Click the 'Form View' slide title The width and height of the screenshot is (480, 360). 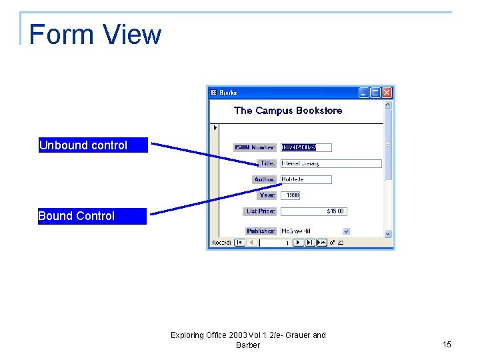tap(95, 35)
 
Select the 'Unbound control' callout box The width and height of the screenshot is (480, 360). tap(93, 145)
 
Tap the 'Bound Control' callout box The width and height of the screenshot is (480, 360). tap(92, 216)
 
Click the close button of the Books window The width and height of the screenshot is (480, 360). tap(387, 93)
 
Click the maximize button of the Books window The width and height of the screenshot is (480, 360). tap(375, 93)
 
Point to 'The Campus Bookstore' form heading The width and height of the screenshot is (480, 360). tap(288, 111)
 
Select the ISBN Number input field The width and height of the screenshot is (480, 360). tap(306, 147)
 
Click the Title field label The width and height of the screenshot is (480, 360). tap(267, 163)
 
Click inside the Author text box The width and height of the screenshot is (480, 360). tap(306, 179)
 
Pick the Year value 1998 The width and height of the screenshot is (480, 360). tap(293, 195)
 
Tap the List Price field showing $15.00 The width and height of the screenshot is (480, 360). tap(313, 211)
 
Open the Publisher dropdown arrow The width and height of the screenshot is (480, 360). tap(346, 231)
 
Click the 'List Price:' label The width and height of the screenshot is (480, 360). tap(261, 211)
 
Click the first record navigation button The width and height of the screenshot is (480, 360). tap(239, 243)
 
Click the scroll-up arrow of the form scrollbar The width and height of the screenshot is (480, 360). tap(388, 105)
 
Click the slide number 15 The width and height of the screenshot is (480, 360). tap(447, 345)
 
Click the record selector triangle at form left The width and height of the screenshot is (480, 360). tap(214, 127)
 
